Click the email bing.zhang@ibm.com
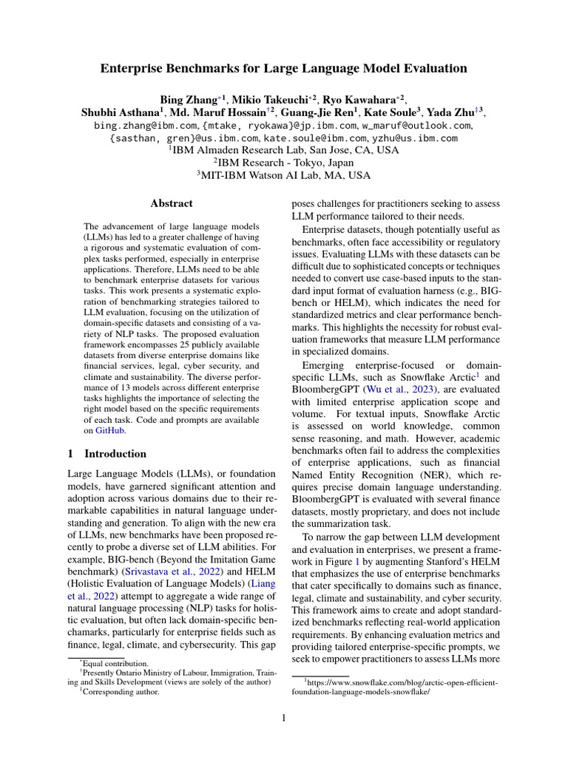(141, 126)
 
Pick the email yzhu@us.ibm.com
(415, 138)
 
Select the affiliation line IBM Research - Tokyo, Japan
(284, 163)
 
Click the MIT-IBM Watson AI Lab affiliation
(284, 176)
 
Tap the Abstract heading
(172, 203)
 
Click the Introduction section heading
(115, 453)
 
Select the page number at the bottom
(284, 717)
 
